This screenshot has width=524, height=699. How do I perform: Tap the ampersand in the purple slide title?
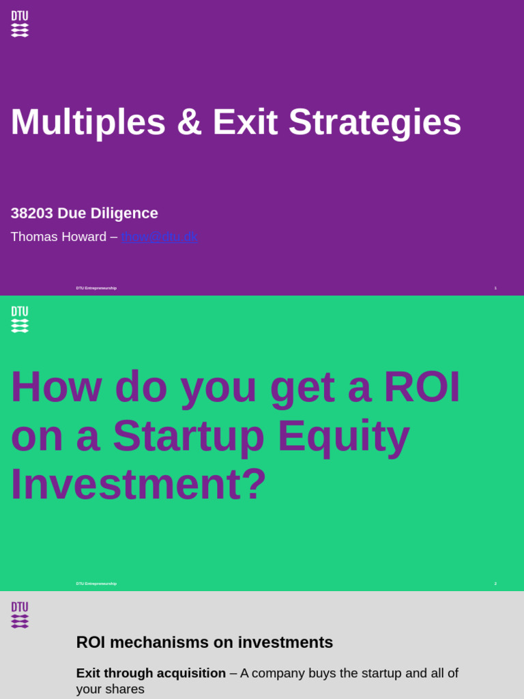[x=189, y=122]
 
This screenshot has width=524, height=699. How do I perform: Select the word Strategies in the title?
[x=375, y=122]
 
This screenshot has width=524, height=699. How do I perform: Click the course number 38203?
[x=31, y=213]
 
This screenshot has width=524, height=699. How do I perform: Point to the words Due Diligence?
[x=108, y=213]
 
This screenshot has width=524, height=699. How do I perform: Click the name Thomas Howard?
[x=59, y=237]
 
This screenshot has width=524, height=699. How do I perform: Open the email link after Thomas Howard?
[x=160, y=237]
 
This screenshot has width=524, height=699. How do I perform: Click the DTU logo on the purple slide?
[x=20, y=24]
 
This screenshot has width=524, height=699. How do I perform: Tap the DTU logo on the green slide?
[x=20, y=319]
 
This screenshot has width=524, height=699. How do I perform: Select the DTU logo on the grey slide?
[x=20, y=615]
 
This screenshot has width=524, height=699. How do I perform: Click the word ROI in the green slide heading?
[x=422, y=387]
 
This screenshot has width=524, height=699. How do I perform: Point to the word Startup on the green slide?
[x=188, y=436]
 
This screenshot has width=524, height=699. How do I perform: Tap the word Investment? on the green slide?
[x=139, y=484]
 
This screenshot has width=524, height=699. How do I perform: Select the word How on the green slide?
[x=56, y=387]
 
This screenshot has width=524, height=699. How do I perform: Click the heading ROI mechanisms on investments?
[x=205, y=642]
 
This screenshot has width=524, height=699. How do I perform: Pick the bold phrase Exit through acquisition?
[x=151, y=673]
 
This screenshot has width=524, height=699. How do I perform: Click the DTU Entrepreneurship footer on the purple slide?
[x=96, y=288]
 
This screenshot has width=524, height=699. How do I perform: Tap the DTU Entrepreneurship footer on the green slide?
[x=96, y=584]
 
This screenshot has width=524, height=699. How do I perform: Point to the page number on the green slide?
[x=495, y=584]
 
